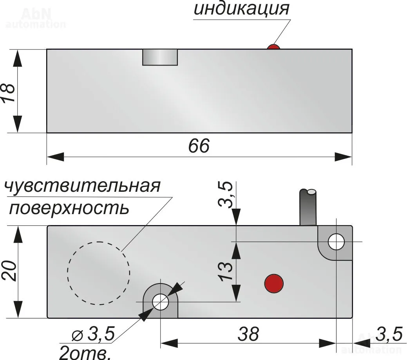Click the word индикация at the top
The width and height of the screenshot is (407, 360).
[x=241, y=9]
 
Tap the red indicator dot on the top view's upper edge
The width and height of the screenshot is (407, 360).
[x=273, y=47]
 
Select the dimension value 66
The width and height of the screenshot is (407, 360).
[x=199, y=146]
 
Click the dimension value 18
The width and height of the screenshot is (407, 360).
[x=9, y=92]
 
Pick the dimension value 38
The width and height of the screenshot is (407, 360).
[x=248, y=334]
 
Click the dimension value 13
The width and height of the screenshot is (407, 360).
[x=225, y=271]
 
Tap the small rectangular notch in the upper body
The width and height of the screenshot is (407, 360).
[x=160, y=57]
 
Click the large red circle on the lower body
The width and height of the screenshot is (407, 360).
[x=274, y=283]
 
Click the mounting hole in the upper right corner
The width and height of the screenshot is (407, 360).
[x=336, y=242]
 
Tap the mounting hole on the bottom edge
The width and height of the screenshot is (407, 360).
[x=161, y=302]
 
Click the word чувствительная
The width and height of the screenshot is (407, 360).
[x=82, y=186]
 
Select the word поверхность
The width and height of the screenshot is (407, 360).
[x=69, y=208]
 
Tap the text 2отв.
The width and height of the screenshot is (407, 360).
[x=85, y=353]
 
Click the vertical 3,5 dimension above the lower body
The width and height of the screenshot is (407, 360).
[x=225, y=195]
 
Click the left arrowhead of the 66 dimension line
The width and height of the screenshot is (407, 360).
[x=55, y=157]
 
